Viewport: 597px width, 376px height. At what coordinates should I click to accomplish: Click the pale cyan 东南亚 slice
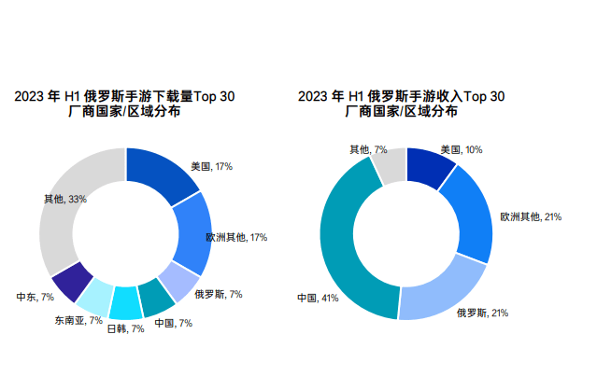click(95, 299)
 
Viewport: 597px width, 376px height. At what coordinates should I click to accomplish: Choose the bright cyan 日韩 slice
click(125, 303)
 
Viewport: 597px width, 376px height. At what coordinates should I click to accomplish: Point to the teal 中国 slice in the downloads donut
click(156, 297)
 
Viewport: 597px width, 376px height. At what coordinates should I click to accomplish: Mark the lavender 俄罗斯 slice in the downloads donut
click(179, 280)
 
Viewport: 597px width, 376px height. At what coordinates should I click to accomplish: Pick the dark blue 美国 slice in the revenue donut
click(429, 168)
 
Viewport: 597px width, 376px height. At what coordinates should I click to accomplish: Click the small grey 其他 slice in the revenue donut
click(391, 165)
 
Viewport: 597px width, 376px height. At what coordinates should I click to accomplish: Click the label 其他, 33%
click(64, 199)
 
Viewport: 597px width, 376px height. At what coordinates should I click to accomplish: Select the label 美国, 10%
click(462, 149)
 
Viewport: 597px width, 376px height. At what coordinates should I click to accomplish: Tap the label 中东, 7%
click(36, 297)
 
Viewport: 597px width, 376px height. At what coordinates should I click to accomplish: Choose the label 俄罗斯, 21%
click(488, 313)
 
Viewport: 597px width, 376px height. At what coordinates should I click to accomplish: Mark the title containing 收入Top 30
click(401, 104)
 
